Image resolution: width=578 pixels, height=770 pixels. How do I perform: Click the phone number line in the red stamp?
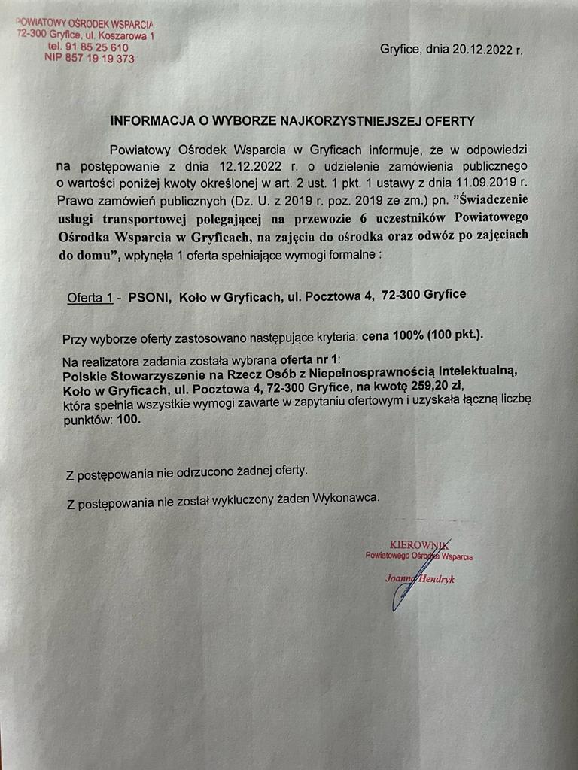tap(87, 47)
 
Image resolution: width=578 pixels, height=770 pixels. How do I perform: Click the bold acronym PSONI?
tap(149, 296)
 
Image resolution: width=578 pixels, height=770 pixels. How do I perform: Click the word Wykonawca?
tap(347, 497)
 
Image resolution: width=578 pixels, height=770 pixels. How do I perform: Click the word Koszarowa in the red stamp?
tap(122, 35)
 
